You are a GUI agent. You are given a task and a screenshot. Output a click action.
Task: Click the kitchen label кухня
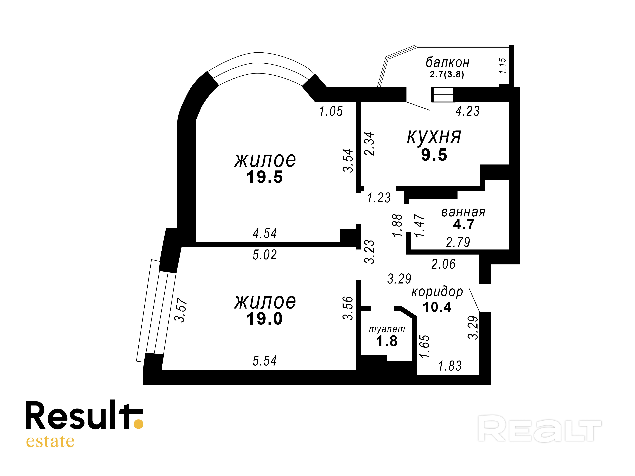click(434, 137)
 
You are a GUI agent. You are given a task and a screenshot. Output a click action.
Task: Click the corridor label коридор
click(437, 292)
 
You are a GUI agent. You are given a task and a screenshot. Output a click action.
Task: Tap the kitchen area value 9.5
click(434, 155)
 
